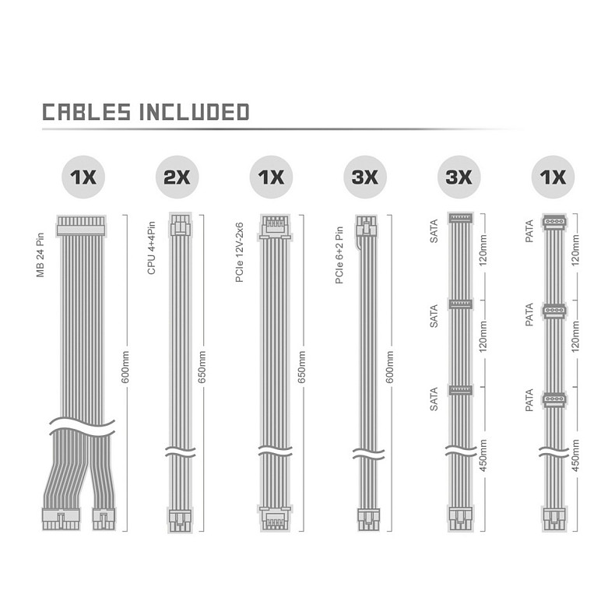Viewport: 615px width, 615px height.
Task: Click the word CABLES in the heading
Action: click(x=86, y=112)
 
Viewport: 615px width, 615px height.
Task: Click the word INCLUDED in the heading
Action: click(x=195, y=112)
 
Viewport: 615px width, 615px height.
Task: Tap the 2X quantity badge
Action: click(x=177, y=177)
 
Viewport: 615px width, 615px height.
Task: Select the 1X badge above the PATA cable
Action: click(x=553, y=177)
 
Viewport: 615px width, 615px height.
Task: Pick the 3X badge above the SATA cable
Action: click(x=459, y=177)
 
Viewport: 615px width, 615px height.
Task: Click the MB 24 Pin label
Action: click(x=40, y=255)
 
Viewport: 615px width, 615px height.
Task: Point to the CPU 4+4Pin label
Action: click(x=151, y=248)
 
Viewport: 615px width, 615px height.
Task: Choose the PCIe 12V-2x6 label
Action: click(x=239, y=252)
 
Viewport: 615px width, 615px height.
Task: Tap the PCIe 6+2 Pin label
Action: click(x=339, y=255)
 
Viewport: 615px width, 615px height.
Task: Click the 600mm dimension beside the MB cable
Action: click(x=125, y=367)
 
